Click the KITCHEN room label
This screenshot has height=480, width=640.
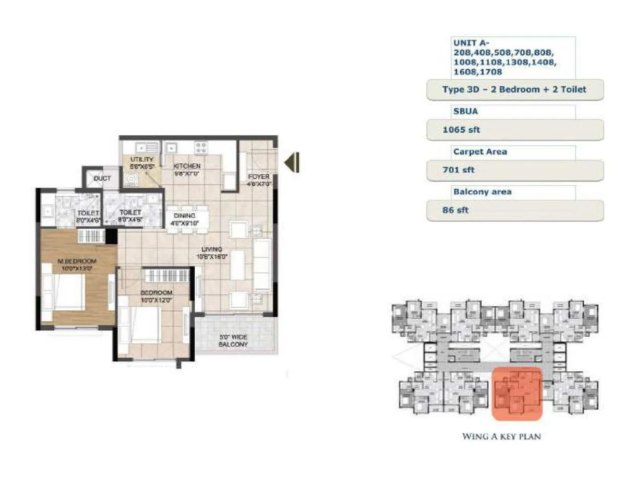[187, 166]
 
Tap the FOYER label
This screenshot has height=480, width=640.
[259, 176]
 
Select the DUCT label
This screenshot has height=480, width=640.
[102, 178]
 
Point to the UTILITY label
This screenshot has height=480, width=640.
[142, 159]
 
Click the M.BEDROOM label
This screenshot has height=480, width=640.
[77, 261]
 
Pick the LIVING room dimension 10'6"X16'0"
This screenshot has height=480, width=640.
[212, 256]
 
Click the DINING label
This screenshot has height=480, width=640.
[184, 216]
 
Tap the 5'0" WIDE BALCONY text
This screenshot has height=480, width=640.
[233, 340]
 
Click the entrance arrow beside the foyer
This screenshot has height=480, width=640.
[292, 162]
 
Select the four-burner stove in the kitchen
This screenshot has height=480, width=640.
[200, 148]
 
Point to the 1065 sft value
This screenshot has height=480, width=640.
[461, 130]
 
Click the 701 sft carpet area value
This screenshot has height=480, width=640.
[458, 170]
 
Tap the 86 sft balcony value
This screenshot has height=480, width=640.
[455, 210]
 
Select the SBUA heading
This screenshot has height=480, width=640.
[466, 111]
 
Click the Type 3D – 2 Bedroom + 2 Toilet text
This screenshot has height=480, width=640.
[514, 90]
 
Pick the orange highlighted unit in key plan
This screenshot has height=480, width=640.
[516, 394]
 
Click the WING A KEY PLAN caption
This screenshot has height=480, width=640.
[501, 436]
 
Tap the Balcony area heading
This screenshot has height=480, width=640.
[482, 192]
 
